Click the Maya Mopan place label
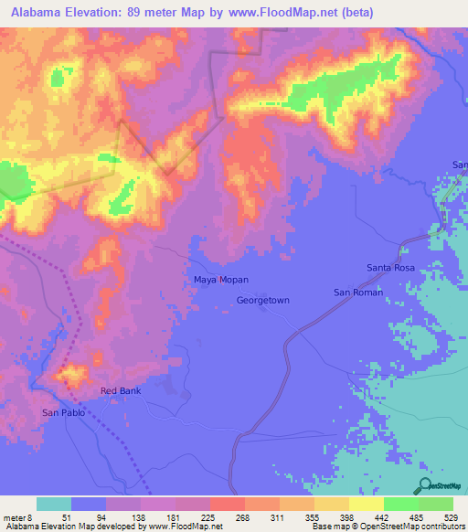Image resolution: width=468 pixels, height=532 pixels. (221, 279)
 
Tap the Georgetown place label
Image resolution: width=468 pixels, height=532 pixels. (262, 300)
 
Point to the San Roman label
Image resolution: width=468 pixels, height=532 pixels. (357, 292)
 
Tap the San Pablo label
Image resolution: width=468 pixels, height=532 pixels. (64, 413)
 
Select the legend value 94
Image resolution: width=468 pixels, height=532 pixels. (88, 516)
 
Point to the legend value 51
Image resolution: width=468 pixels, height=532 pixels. (53, 516)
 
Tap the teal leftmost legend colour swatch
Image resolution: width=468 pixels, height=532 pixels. (54, 504)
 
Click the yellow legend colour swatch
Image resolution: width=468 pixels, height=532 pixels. (367, 504)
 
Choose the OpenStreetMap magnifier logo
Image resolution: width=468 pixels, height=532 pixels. (425, 486)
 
